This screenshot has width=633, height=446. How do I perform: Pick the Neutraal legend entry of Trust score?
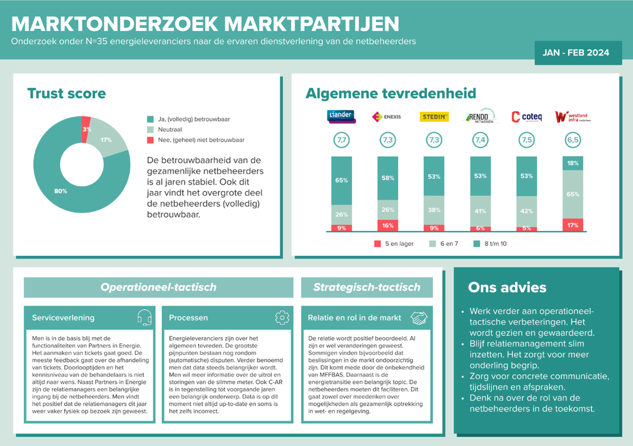(x=169, y=130)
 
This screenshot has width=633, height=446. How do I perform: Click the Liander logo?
(x=341, y=116)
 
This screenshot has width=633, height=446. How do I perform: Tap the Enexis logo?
(x=387, y=117)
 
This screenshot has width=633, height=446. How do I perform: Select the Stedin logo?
(x=434, y=117)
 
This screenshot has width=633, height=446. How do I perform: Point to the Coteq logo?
(x=527, y=117)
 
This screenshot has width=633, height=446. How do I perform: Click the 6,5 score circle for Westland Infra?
(x=573, y=140)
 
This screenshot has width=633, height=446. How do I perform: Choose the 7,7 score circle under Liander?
(x=341, y=140)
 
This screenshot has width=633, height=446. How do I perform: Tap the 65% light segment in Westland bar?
(x=573, y=194)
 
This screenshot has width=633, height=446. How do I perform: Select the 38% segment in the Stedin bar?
(x=434, y=210)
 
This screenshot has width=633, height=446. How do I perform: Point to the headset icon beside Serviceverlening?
(x=144, y=317)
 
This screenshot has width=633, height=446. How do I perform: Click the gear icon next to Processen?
(x=282, y=317)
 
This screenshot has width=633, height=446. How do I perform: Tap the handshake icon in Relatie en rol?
(x=419, y=317)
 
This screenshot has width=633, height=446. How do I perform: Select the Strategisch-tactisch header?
(x=367, y=287)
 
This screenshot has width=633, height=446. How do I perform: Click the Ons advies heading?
(x=507, y=287)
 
